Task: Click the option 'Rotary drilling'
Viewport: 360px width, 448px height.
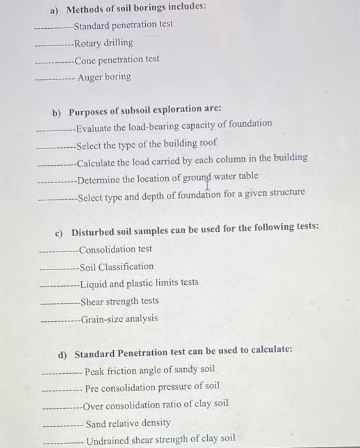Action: click(104, 43)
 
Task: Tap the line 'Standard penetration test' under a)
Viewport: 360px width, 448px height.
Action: click(123, 25)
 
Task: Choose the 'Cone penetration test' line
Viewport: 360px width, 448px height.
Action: click(117, 60)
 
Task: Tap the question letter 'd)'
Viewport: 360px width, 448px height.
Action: click(62, 353)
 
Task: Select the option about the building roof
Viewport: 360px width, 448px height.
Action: click(146, 143)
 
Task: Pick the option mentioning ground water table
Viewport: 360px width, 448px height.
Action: click(168, 177)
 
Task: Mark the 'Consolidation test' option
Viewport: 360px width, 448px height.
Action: click(116, 250)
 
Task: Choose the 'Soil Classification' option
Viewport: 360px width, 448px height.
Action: click(117, 266)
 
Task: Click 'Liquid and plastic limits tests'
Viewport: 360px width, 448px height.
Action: click(139, 283)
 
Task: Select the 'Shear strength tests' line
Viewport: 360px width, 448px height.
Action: click(120, 301)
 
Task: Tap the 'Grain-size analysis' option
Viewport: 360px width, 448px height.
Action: click(119, 318)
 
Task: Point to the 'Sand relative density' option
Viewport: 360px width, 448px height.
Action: click(128, 423)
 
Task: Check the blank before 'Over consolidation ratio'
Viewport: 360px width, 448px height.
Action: click(61, 406)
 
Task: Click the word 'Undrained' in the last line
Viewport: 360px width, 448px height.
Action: click(108, 440)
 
